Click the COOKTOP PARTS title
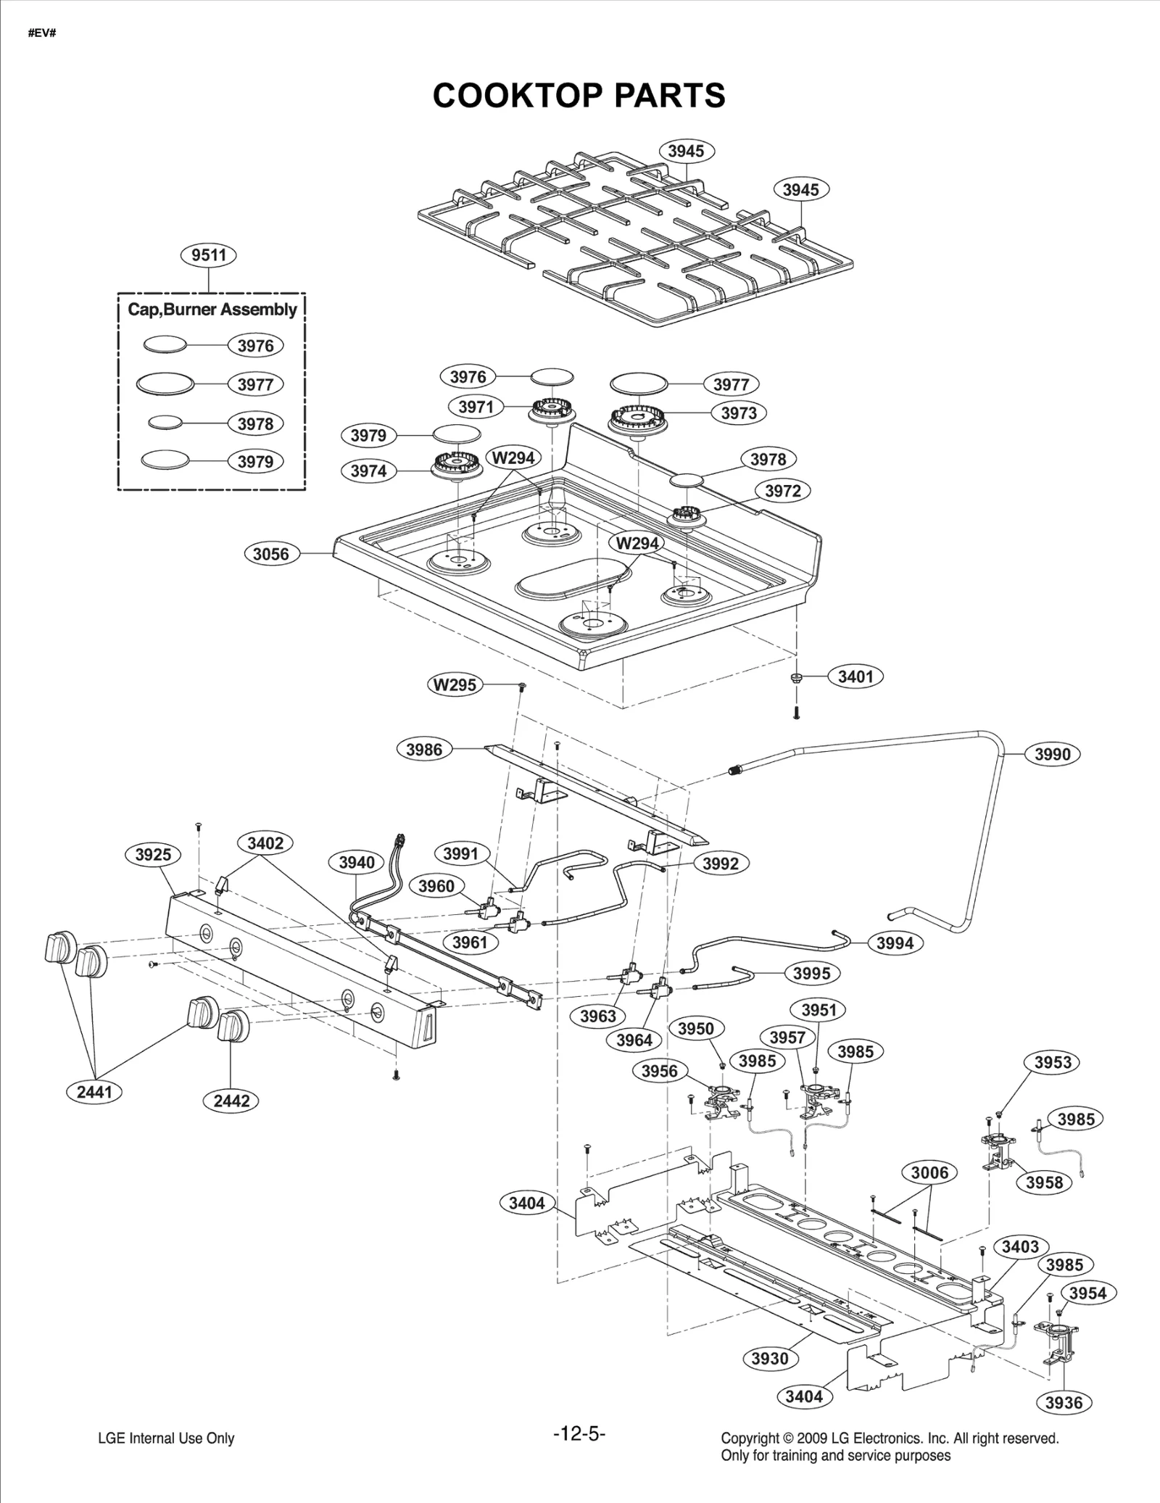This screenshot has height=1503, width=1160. (579, 96)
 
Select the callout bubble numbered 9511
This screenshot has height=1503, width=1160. (209, 255)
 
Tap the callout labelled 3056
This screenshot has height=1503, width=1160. (270, 554)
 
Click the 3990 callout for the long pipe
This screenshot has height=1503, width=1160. (1052, 754)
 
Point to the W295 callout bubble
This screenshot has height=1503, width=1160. (455, 684)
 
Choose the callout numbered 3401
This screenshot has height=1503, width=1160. (855, 676)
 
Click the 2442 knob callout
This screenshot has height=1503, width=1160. (231, 1101)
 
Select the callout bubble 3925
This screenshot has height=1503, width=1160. (153, 854)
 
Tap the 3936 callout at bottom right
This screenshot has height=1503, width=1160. (1064, 1402)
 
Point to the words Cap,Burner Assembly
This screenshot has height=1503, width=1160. (212, 310)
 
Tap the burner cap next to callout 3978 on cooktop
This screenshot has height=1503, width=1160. (687, 481)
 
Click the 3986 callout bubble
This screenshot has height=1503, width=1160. (424, 749)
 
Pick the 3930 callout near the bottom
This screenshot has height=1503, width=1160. (769, 1358)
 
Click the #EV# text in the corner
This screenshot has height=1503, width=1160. (42, 33)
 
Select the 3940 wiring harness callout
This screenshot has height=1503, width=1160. (357, 862)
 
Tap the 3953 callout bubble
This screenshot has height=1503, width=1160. (1052, 1062)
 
